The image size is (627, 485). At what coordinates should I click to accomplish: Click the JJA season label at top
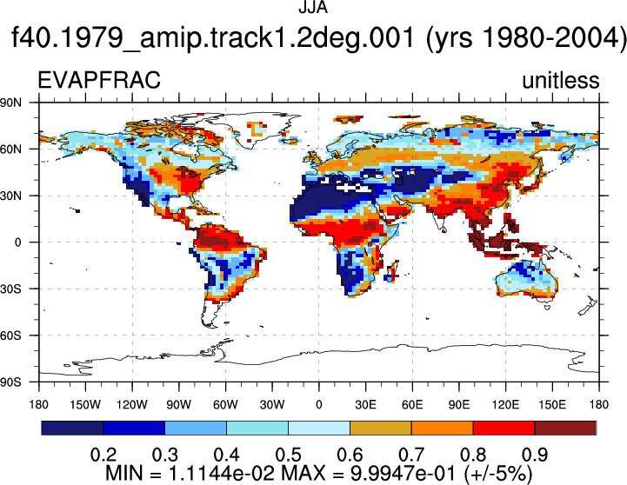click(x=313, y=7)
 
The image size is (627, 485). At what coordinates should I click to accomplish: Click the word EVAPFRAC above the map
click(x=99, y=80)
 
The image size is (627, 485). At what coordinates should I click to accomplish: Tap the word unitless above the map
click(x=561, y=80)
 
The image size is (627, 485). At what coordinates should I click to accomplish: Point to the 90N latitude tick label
click(x=11, y=103)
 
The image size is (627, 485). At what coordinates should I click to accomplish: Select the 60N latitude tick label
click(x=11, y=149)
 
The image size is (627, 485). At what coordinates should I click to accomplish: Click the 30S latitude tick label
click(x=11, y=289)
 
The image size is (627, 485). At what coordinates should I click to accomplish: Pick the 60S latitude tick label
click(x=11, y=336)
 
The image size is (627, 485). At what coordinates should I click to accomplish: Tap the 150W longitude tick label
click(x=85, y=405)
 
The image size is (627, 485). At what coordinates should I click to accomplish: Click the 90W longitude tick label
click(x=179, y=405)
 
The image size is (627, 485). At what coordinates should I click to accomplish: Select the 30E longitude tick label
click(x=365, y=405)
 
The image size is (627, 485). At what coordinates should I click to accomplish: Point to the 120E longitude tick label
click(x=505, y=405)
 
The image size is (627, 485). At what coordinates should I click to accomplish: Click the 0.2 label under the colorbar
click(x=103, y=455)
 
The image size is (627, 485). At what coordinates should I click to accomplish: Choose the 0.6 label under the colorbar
click(x=350, y=455)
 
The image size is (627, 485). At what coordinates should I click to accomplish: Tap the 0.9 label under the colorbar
click(x=535, y=455)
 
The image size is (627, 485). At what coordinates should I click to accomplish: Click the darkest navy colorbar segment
click(x=72, y=428)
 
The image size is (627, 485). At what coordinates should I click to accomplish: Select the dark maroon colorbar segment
click(x=565, y=428)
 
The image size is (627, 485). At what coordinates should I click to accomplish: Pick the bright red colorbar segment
click(x=504, y=428)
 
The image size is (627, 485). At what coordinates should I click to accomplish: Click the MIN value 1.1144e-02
click(x=222, y=474)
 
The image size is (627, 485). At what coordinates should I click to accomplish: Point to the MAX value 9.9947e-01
click(x=404, y=474)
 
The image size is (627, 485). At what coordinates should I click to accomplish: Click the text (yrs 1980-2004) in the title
click(x=525, y=38)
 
